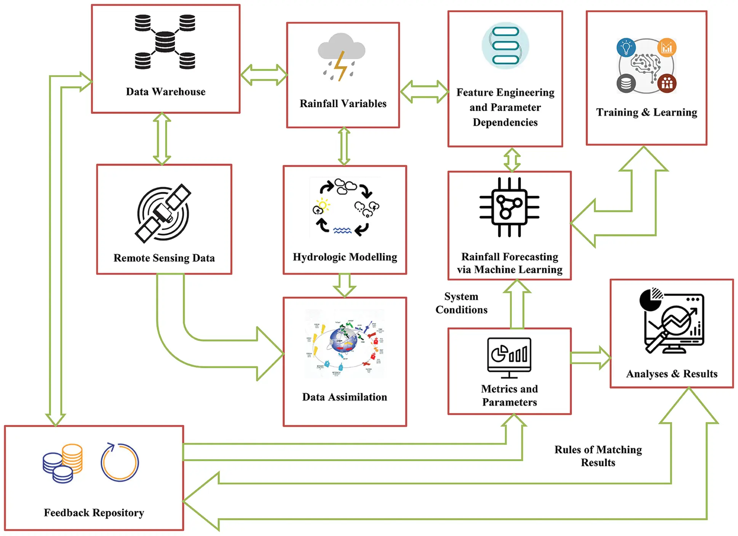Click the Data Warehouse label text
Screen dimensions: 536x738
[x=166, y=91]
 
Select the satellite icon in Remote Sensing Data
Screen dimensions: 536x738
[x=163, y=213]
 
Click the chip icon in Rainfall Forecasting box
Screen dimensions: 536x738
[x=509, y=207]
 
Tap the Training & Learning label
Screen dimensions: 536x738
[x=646, y=112]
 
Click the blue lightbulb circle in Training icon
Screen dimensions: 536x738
[x=626, y=48]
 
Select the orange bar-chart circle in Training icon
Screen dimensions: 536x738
[x=666, y=48]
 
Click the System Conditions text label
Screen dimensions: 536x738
[x=461, y=303]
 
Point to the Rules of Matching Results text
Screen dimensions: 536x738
[x=598, y=456]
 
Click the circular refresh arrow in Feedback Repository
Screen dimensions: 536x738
[x=120, y=462]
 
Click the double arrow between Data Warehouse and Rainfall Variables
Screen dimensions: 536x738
[x=264, y=75]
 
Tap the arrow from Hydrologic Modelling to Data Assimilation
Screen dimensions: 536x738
[x=344, y=285]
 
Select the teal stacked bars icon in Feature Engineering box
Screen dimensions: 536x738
[x=505, y=46]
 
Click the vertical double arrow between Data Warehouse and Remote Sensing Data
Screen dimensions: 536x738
[x=162, y=139]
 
